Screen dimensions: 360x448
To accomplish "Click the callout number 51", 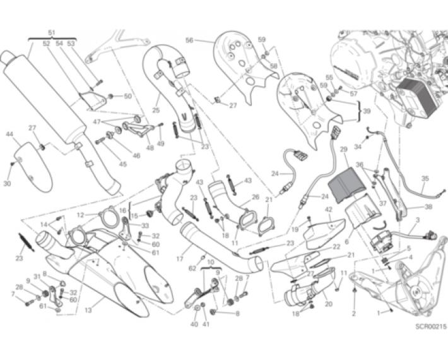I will click(x=52, y=32).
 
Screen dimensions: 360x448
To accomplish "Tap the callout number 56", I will click(x=189, y=40).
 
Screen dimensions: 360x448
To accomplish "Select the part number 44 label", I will click(x=9, y=135).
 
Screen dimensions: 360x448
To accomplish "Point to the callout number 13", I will click(x=88, y=309).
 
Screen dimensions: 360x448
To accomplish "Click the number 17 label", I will click(x=179, y=258).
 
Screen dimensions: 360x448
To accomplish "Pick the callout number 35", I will click(x=425, y=178).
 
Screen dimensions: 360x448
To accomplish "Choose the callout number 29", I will click(x=344, y=149).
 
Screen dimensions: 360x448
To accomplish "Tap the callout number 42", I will click(x=328, y=209).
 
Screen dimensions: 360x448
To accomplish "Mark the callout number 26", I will click(x=255, y=196).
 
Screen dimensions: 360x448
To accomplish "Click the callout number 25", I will click(x=156, y=110).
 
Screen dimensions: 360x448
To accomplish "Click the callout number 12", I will click(x=81, y=215).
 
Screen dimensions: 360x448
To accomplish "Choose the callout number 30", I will click(x=7, y=184).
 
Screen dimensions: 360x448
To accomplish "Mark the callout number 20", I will click(x=328, y=303).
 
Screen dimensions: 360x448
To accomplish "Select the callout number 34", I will click(x=357, y=147).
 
